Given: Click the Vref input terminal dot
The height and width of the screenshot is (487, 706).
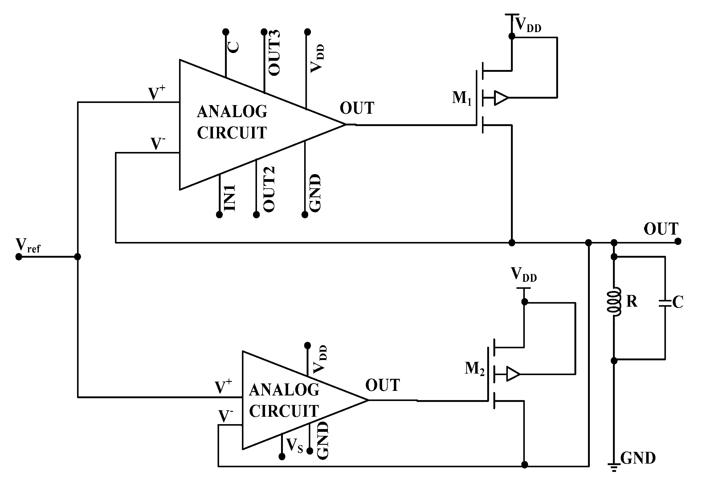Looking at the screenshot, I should click(19, 257).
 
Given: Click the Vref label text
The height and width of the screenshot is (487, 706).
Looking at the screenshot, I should click(28, 246).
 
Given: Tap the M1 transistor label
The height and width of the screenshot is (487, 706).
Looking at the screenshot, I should click(461, 99).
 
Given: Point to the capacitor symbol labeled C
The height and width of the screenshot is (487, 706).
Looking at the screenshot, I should click(665, 302).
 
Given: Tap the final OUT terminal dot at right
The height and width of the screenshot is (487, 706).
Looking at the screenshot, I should click(678, 241).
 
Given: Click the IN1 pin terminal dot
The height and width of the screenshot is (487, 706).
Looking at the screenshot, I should click(219, 215).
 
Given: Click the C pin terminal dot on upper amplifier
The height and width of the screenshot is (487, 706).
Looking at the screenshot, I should click(226, 32).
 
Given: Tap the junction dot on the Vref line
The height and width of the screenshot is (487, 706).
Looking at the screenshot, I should click(78, 257).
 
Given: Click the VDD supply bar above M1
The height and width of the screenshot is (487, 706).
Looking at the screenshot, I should click(512, 14).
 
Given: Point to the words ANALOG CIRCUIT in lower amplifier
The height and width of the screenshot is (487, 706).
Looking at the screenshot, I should click(284, 400).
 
